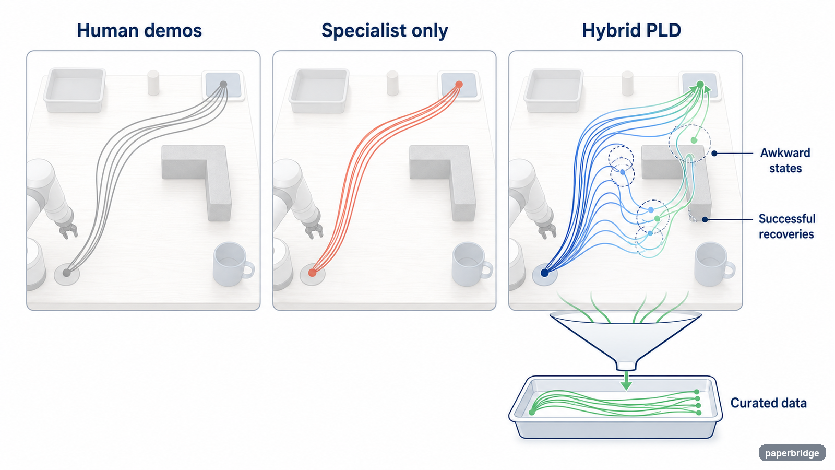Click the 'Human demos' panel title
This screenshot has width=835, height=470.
[x=139, y=31]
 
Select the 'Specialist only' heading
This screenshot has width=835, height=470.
[x=384, y=31]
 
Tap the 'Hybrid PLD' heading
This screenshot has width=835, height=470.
[x=631, y=31]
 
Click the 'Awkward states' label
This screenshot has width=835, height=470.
[x=785, y=160]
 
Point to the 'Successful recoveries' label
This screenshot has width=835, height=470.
[x=787, y=226]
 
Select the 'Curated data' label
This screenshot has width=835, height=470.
[x=768, y=403]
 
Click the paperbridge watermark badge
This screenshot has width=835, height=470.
[x=792, y=453]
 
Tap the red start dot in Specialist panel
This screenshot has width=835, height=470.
[x=313, y=273]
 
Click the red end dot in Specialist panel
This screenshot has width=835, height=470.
[x=459, y=85]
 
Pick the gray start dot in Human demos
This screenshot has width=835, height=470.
[x=67, y=273]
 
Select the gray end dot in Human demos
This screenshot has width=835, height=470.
[x=223, y=84]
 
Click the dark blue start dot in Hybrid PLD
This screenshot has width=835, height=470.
[x=545, y=273]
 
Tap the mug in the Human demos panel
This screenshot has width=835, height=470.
[x=233, y=264]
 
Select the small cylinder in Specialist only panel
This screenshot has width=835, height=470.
[x=392, y=83]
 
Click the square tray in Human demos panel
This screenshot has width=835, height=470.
[x=75, y=90]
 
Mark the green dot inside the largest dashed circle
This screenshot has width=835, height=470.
[x=694, y=140]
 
